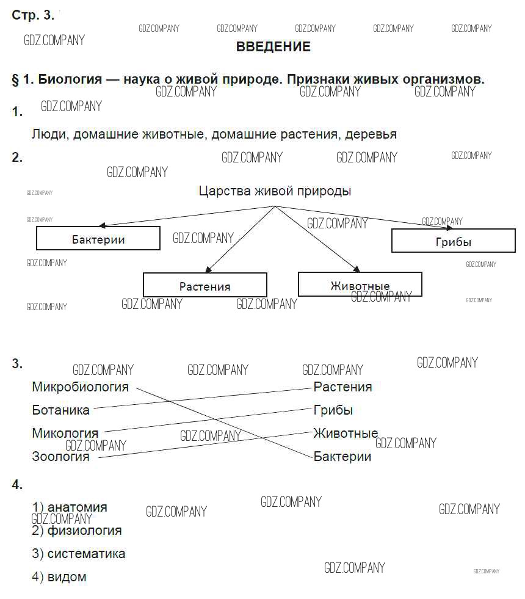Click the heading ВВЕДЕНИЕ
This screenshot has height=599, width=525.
tap(273, 47)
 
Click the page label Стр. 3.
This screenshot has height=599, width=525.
tap(33, 15)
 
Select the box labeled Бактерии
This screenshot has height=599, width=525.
tap(98, 239)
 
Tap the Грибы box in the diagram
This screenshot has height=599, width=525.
tap(454, 241)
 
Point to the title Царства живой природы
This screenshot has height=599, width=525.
tap(275, 191)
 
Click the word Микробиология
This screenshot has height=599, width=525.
tap(80, 387)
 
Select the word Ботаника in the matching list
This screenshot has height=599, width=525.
tap(60, 410)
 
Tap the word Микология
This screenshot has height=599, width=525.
tap(65, 434)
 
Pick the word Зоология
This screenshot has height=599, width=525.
tap(60, 457)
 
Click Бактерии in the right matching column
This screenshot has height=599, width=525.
tap(342, 457)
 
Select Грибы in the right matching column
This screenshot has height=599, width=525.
tap(333, 410)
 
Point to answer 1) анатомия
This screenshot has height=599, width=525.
tap(70, 507)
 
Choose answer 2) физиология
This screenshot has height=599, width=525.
tap(77, 531)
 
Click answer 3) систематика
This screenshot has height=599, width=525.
tap(79, 554)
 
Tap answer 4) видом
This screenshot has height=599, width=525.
tap(59, 577)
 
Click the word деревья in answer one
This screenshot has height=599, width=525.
tap(371, 134)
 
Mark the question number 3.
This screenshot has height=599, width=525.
tap(17, 364)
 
